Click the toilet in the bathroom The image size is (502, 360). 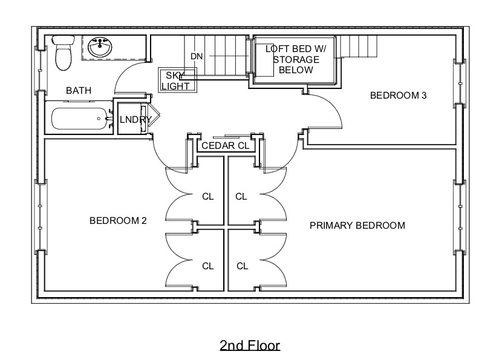point(62,53)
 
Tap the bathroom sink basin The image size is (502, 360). point(99,48)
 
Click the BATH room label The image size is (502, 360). point(79,91)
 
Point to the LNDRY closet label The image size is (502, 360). point(134,120)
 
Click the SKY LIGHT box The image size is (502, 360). point(178,80)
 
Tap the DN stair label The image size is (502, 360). point(197,56)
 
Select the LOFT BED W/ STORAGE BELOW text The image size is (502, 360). point(296,60)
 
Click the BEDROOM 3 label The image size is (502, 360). point(394,95)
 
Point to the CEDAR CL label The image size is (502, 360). point(226,146)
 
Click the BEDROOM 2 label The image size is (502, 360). point(118,221)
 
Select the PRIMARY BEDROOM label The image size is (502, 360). point(357,226)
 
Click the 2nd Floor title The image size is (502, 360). point(250,345)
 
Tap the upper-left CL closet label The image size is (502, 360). point(207,196)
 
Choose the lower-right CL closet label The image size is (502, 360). point(243,266)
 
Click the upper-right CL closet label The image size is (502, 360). point(241,196)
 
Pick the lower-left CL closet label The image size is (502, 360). point(207,266)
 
